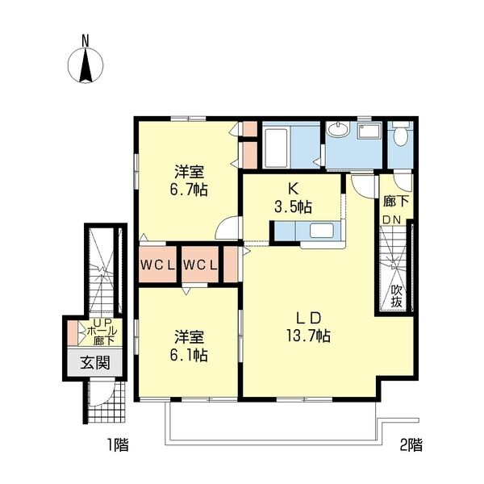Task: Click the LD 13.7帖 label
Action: point(309,325)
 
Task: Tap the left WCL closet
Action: point(157,265)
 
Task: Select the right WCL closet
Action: point(199,265)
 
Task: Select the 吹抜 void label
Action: point(396,296)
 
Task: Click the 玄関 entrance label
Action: point(94,363)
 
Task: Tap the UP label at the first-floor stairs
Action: point(96,321)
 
